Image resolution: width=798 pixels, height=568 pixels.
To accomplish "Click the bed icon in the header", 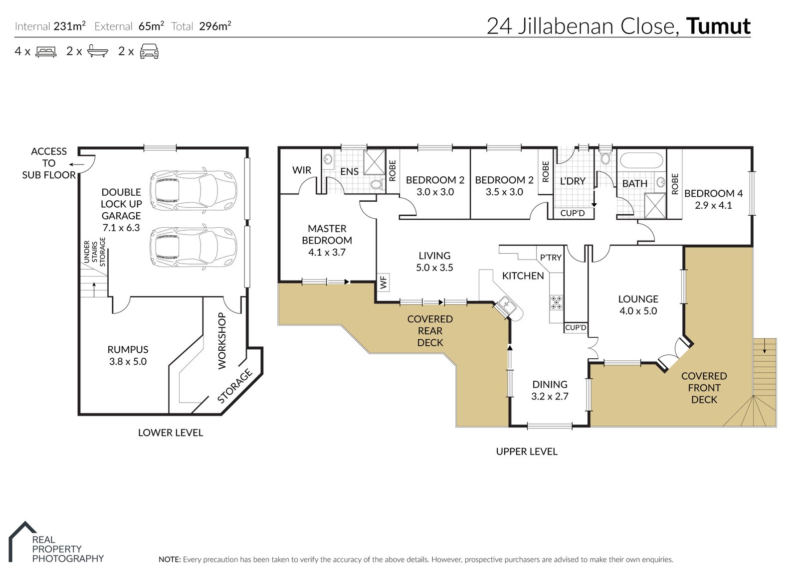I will [46, 52].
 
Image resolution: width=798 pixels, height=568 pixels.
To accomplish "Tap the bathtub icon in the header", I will [97, 51].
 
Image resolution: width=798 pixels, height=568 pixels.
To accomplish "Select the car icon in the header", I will [149, 51].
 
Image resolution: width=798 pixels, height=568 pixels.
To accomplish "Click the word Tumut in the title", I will [718, 26].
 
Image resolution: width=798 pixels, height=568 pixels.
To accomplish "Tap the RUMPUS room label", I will [128, 350].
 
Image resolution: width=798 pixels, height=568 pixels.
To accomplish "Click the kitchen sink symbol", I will [507, 304].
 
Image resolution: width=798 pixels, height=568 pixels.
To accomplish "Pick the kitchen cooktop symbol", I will [557, 302].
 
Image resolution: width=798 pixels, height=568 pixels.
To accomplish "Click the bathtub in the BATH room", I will [641, 161].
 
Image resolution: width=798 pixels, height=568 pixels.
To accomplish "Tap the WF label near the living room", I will [383, 283].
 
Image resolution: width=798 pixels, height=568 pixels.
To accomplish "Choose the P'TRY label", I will [551, 258].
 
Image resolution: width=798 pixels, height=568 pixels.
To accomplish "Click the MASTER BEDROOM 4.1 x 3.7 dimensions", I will [327, 253].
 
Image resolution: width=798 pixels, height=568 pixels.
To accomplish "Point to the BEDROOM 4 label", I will [713, 193].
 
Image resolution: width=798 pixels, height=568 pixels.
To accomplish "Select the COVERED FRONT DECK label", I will [704, 388].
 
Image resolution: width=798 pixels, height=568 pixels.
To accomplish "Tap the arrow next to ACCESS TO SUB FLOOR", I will [76, 164].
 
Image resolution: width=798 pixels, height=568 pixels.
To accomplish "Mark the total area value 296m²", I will [215, 26].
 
